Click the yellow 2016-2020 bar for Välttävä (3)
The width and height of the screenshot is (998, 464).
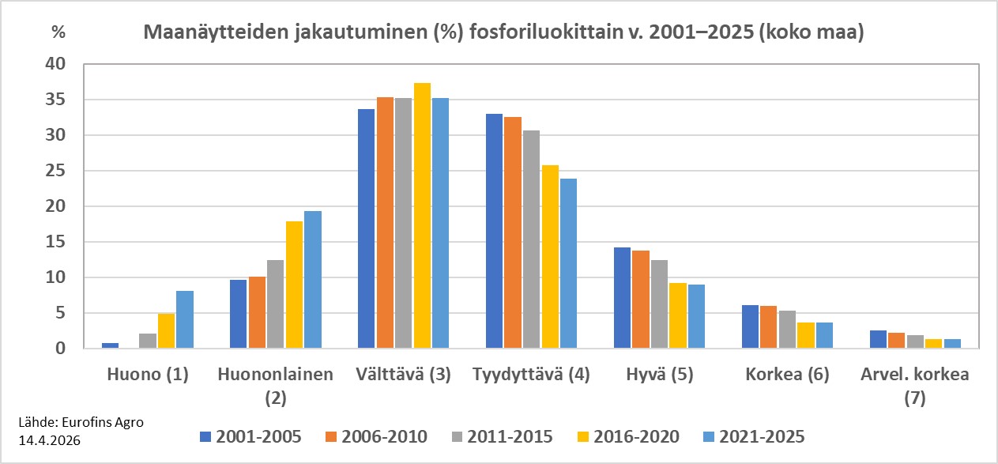(422, 216)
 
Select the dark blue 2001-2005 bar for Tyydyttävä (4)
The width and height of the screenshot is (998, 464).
(494, 231)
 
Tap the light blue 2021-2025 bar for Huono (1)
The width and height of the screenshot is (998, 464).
(184, 319)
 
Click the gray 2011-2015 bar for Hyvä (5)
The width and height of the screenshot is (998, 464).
(659, 304)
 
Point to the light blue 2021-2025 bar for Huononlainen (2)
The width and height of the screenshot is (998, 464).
(312, 280)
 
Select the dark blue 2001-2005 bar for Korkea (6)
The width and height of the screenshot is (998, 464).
(750, 326)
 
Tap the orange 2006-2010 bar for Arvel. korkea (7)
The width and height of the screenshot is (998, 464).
(896, 341)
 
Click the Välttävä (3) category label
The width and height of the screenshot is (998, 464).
(403, 375)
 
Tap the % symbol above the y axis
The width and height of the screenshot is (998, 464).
(58, 32)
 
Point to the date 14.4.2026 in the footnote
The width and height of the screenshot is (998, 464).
(48, 436)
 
